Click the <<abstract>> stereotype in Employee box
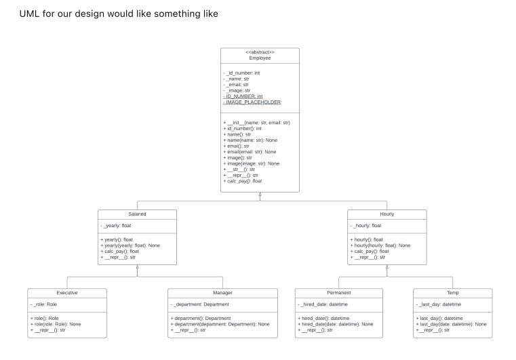click(x=260, y=52)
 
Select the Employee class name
click(x=260, y=58)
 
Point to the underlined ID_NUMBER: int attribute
click(x=243, y=96)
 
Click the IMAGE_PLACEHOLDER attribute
click(x=252, y=102)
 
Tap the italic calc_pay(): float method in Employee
click(x=243, y=181)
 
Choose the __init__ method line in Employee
click(x=256, y=123)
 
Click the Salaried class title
click(x=137, y=214)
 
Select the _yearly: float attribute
click(x=117, y=226)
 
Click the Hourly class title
click(x=387, y=214)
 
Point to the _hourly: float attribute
click(x=366, y=226)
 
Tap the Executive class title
click(x=66, y=294)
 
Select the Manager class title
click(x=223, y=294)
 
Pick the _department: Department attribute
click(x=201, y=305)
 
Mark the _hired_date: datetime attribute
click(x=323, y=305)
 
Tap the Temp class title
click(x=454, y=294)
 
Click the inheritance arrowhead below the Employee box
click(x=260, y=195)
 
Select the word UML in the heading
click(x=28, y=14)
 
